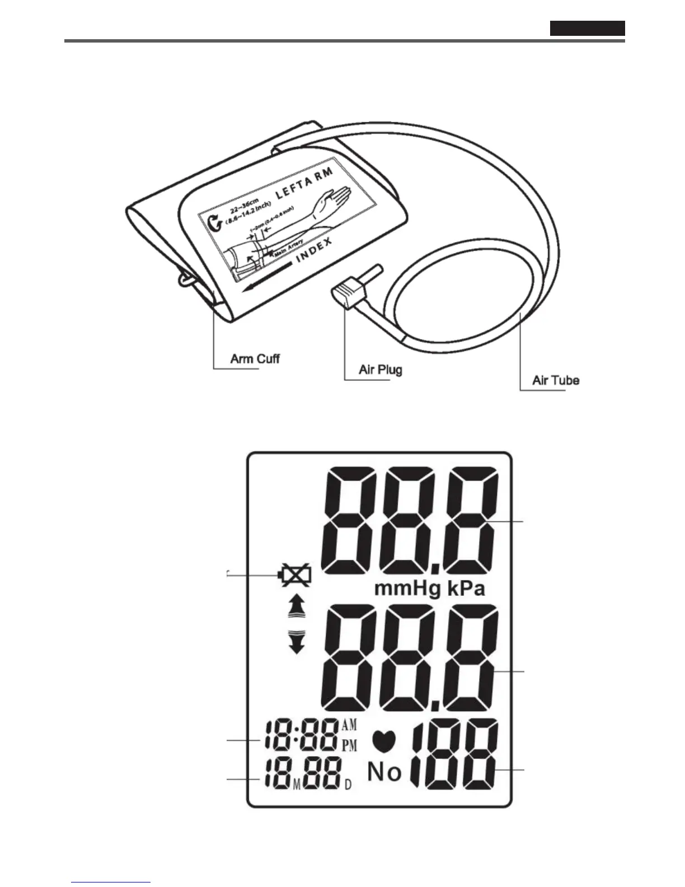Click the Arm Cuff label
tap(255, 358)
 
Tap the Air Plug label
tap(380, 370)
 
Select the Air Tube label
tap(556, 380)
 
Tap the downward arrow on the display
tap(296, 642)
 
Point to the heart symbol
tap(384, 741)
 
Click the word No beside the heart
tap(384, 772)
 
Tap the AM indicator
tap(349, 726)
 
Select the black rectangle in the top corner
tap(587, 28)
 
